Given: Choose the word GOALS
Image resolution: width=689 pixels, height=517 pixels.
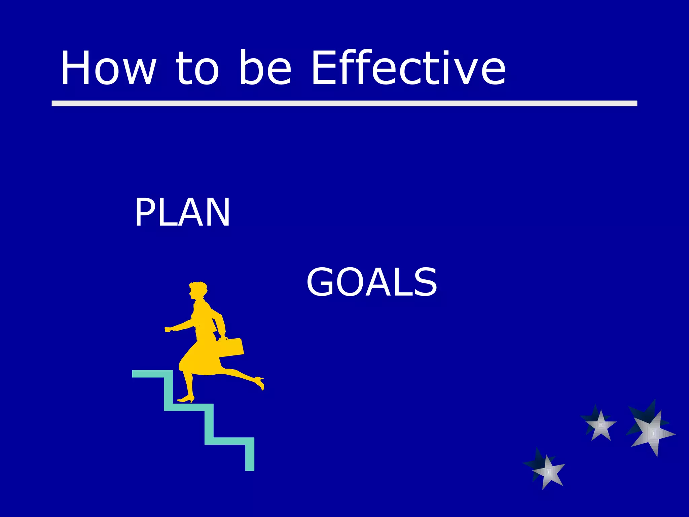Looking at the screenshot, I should coord(371,282).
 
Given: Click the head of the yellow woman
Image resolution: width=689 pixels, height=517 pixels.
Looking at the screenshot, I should coord(198,290).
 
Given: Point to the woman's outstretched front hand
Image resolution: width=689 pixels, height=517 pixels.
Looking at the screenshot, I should coord(169,329).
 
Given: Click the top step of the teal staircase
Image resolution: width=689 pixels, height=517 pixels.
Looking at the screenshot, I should coord(151,374).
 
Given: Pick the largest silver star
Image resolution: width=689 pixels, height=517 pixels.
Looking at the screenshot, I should coord(653,433).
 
